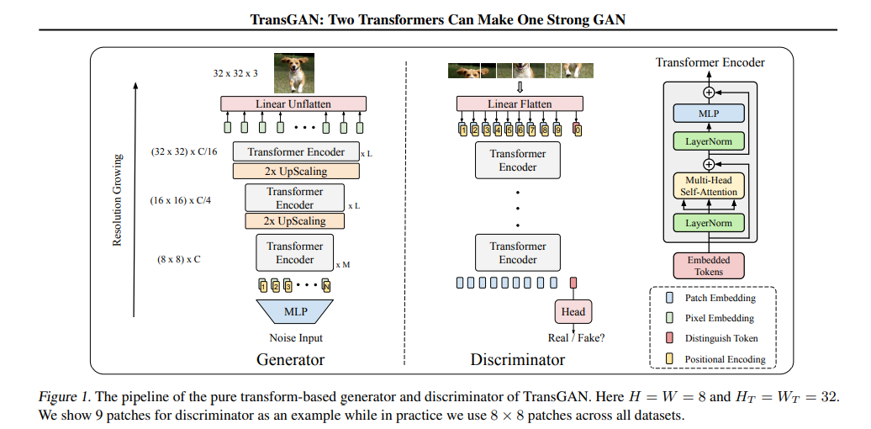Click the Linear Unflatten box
(293, 104)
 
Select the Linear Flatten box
(519, 104)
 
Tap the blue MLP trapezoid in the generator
(295, 312)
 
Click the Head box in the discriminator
(573, 311)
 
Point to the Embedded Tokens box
(709, 265)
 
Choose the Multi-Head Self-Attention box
(709, 186)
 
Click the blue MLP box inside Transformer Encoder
(709, 112)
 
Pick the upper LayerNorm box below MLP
(709, 141)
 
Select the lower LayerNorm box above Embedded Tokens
(709, 223)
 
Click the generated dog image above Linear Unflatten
(294, 72)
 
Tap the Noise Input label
(295, 338)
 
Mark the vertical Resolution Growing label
(118, 200)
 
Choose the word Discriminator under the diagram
(517, 360)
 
